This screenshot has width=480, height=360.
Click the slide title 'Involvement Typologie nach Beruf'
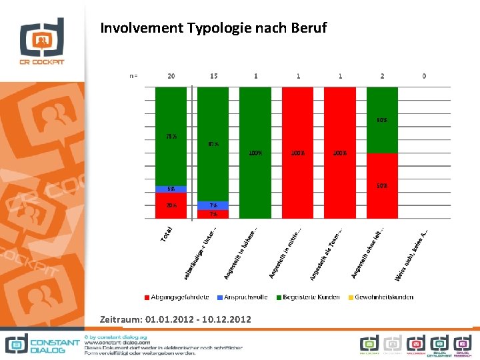click(213, 29)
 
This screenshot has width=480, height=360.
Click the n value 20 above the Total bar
click(171, 76)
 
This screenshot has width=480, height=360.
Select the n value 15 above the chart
click(213, 76)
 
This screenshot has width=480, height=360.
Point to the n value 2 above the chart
click(382, 76)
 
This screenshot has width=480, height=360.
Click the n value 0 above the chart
click(424, 76)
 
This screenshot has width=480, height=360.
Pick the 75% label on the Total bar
click(171, 137)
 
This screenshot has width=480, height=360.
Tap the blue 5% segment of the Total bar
click(171, 189)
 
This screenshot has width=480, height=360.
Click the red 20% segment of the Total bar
click(171, 205)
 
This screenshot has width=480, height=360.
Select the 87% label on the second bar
click(213, 143)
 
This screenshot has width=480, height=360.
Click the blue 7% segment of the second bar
click(213, 205)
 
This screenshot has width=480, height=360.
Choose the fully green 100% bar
click(255, 153)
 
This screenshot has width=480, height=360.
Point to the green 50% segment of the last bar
click(382, 121)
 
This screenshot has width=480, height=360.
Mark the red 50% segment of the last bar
click(382, 185)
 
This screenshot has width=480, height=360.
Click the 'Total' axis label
click(167, 233)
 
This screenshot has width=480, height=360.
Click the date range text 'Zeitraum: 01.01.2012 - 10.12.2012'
click(175, 320)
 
